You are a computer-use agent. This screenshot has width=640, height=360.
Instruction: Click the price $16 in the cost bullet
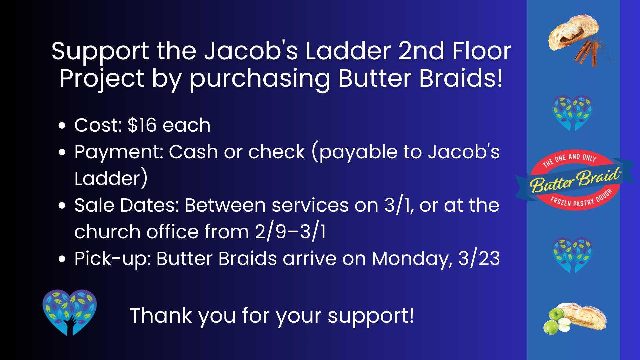(x=142, y=125)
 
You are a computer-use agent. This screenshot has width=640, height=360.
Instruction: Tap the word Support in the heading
(x=100, y=52)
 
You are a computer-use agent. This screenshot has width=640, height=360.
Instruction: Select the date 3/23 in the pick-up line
(x=479, y=258)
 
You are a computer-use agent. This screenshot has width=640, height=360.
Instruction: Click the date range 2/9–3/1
(x=290, y=232)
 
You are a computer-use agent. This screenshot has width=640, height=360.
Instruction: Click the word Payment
(x=119, y=152)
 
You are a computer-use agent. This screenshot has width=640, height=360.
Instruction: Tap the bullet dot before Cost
(x=62, y=126)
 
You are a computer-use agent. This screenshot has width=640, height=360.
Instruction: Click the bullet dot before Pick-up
(x=62, y=259)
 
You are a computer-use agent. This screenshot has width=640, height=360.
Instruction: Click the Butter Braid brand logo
(x=575, y=180)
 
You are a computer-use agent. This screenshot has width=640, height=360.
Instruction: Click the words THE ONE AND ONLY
(x=569, y=160)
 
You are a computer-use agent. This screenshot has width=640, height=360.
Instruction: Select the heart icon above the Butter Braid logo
(x=572, y=113)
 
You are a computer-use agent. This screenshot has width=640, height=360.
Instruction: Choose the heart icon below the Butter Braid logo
(x=572, y=255)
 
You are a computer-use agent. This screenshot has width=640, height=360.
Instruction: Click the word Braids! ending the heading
(x=461, y=79)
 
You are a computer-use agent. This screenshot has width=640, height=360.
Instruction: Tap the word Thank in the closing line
(x=161, y=316)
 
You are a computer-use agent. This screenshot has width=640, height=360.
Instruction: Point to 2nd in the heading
(x=421, y=52)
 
